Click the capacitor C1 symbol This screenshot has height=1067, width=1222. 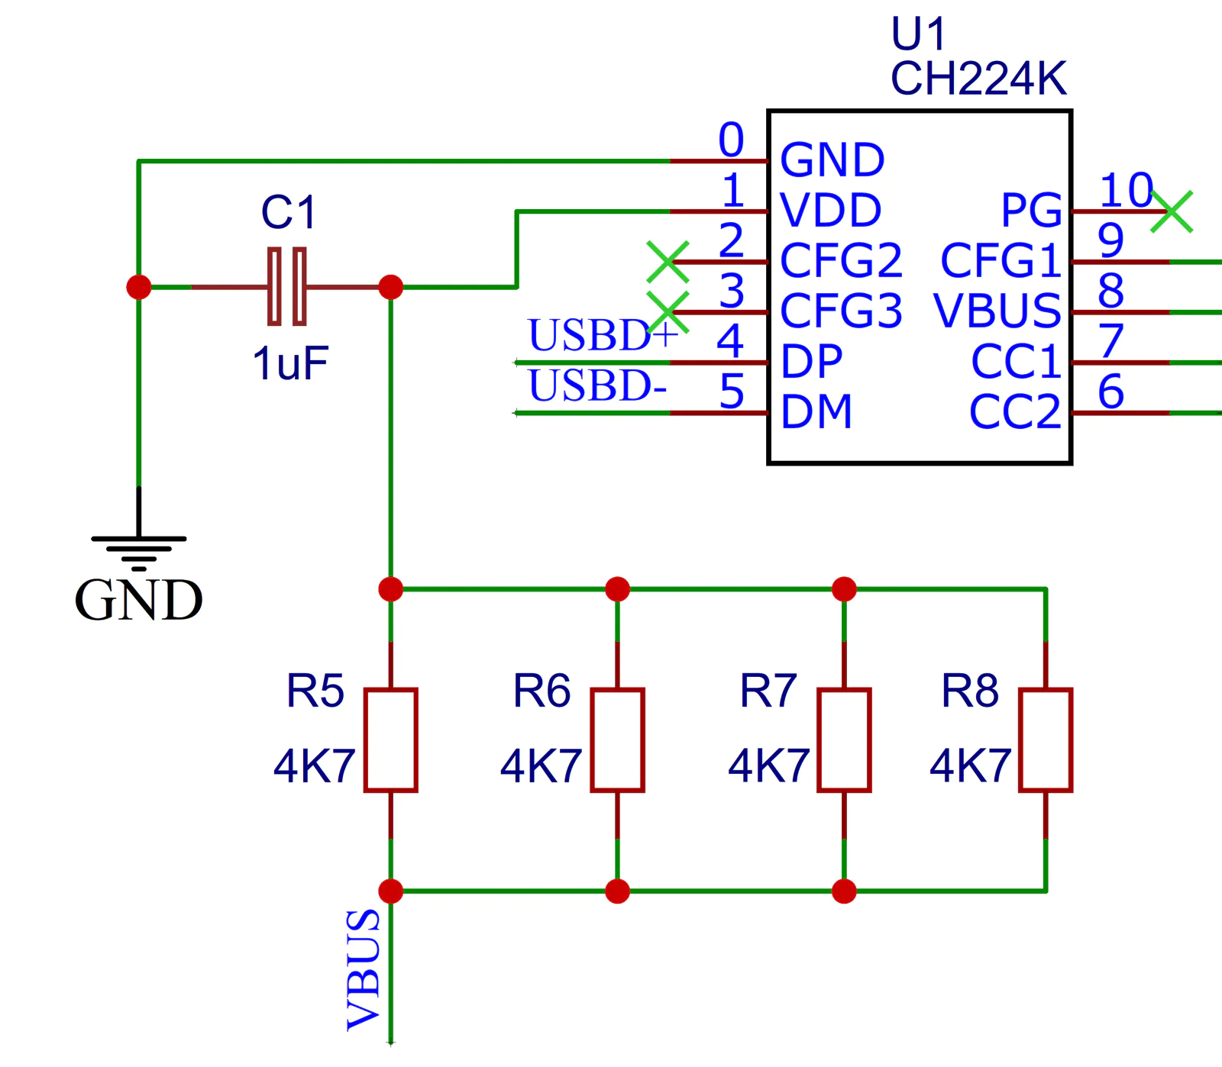click(x=287, y=287)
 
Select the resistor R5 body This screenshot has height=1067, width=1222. click(x=390, y=740)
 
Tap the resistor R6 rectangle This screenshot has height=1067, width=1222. click(x=617, y=740)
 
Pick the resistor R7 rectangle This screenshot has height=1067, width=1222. click(x=844, y=740)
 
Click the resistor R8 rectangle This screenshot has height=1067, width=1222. click(x=1046, y=740)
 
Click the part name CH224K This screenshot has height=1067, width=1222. click(x=978, y=78)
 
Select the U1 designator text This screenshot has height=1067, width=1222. click(x=918, y=34)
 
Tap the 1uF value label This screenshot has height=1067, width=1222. click(x=290, y=363)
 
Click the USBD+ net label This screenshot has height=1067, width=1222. click(x=603, y=334)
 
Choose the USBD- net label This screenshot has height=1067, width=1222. click(x=597, y=385)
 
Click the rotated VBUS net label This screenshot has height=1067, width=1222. click(x=364, y=969)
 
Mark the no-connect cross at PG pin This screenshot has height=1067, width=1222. click(x=1171, y=211)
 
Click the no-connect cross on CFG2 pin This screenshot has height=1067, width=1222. click(x=668, y=262)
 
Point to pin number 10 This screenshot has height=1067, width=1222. click(x=1126, y=189)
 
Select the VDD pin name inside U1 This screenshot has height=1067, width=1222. click(x=831, y=210)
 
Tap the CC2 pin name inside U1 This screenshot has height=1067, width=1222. click(x=1015, y=412)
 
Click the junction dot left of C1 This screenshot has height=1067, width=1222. click(x=139, y=287)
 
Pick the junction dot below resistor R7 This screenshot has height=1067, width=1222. click(x=844, y=891)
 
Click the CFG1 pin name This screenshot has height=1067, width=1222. click(x=1001, y=261)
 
